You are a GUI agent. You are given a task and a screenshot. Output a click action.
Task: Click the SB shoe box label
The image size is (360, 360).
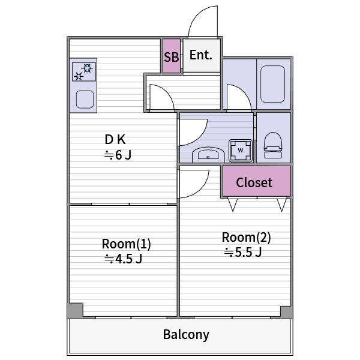172,57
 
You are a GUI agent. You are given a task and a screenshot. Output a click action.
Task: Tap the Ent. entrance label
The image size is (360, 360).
201,55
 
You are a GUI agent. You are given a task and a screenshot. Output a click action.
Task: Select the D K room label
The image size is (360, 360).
115,140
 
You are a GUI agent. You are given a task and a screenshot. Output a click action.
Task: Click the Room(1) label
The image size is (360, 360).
126,244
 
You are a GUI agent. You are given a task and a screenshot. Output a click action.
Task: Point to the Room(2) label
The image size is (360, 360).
247,237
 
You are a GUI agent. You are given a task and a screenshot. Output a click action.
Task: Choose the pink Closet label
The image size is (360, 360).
254,182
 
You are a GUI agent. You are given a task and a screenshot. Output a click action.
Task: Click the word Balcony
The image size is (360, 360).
186,334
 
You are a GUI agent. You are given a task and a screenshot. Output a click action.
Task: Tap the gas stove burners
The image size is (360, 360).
83,72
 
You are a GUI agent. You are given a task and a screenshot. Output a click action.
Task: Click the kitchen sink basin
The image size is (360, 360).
85,98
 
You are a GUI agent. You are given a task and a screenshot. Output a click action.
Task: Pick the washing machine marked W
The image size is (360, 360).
241,149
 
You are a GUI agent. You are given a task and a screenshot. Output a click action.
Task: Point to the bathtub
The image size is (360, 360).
274,84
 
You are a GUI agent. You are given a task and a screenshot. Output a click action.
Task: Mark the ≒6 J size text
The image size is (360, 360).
118,155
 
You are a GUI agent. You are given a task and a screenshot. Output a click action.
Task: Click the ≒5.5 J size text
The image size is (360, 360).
243,252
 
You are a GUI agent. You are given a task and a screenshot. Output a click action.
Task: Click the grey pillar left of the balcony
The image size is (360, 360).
74,311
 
